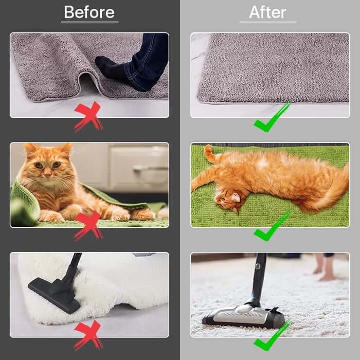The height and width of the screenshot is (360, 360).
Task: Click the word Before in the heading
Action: (89, 12)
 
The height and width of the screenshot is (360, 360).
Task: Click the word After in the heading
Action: (268, 12)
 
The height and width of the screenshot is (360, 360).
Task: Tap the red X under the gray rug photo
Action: (88, 116)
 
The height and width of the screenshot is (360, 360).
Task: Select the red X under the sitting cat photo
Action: (88, 226)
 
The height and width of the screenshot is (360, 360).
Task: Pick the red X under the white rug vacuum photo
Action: (88, 335)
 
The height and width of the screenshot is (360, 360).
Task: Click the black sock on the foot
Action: (112, 69)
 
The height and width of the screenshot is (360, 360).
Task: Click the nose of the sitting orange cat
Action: (47, 175)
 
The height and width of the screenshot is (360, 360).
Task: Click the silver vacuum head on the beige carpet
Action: (243, 316)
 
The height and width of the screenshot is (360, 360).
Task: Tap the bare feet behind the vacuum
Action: (323, 267)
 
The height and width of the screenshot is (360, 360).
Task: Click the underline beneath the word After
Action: (268, 22)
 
